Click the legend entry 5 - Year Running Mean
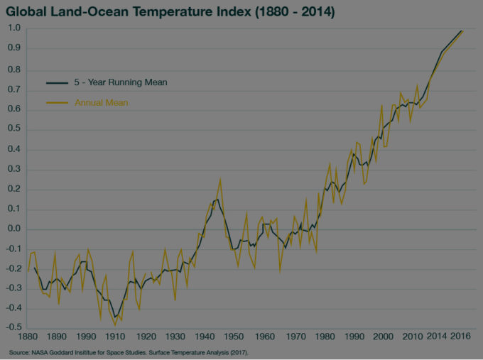pyautogui.click(x=121, y=82)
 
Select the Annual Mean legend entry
pyautogui.click(x=102, y=103)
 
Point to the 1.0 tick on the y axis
pyautogui.click(x=13, y=28)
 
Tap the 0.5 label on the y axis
pyautogui.click(x=13, y=129)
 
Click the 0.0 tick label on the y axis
pyautogui.click(x=13, y=229)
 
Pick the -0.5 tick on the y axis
pyautogui.click(x=12, y=329)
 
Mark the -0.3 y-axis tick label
pyautogui.click(x=12, y=289)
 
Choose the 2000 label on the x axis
pyautogui.click(x=383, y=337)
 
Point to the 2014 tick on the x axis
pyautogui.click(x=437, y=337)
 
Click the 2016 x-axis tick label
pyautogui.click(x=462, y=337)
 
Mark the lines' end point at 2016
pyautogui.click(x=462, y=31)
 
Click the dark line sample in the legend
pyautogui.click(x=57, y=82)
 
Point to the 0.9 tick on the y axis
pyautogui.click(x=13, y=48)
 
